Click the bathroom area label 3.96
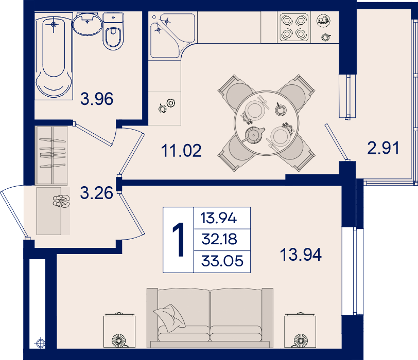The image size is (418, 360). [x=97, y=99]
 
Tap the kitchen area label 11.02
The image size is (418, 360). [x=181, y=151]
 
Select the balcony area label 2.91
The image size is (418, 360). [x=383, y=148]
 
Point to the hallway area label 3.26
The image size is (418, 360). [x=96, y=193]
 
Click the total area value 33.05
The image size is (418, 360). [x=222, y=261]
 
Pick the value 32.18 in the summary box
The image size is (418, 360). [x=219, y=239]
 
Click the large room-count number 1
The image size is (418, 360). [x=179, y=240]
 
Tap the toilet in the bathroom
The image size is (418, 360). [x=113, y=31]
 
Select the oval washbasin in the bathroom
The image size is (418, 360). [x=87, y=24]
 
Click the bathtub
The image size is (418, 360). [x=54, y=57]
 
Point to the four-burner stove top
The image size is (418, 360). [x=294, y=27]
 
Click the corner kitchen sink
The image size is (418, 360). [x=172, y=35]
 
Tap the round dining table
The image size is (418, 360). [x=267, y=123]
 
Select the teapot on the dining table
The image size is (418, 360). [x=254, y=135]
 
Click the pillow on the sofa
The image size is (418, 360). [x=169, y=318]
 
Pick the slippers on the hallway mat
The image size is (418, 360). [x=61, y=201]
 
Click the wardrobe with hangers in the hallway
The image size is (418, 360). [x=51, y=155]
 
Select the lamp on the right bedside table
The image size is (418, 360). [x=301, y=340]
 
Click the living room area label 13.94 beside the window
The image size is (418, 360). [x=301, y=255]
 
